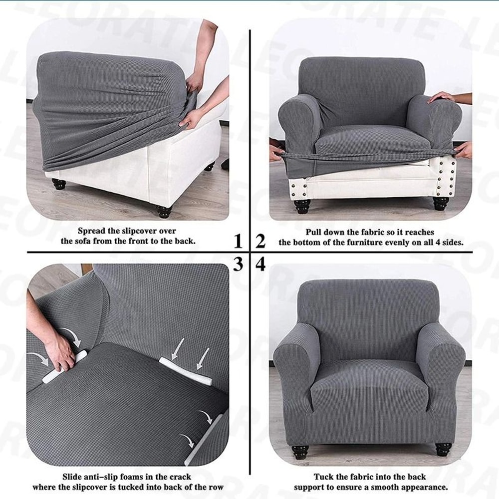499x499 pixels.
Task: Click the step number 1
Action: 239,242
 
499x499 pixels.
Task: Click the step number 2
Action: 260,242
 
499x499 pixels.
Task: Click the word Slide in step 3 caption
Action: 73,477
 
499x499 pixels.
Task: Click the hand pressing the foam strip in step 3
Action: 59,352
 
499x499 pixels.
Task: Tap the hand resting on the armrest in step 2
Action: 442,97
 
